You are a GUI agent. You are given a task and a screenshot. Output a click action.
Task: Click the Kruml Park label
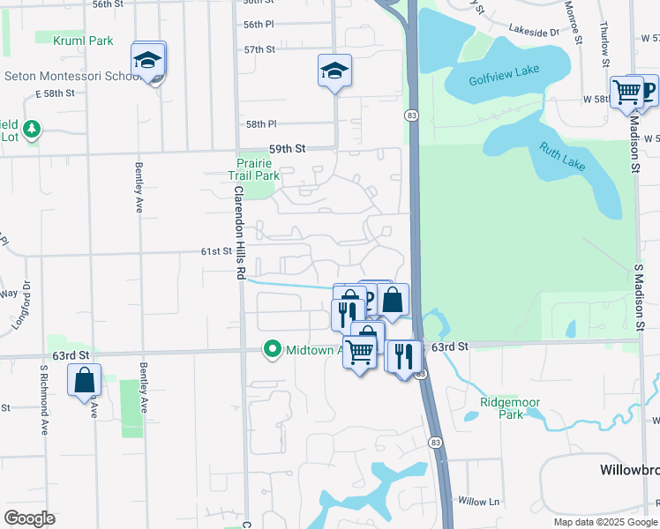click(x=83, y=41)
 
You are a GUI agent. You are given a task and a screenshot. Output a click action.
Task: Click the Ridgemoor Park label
click(x=510, y=408)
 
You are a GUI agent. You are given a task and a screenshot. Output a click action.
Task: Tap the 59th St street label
click(x=287, y=150)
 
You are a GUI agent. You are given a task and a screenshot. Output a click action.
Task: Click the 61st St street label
click(x=215, y=251)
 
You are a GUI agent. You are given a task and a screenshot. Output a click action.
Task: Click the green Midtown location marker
click(x=273, y=350)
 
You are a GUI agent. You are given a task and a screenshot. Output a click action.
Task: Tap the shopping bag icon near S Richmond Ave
click(x=85, y=380)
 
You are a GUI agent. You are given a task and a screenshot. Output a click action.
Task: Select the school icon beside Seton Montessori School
click(x=148, y=61)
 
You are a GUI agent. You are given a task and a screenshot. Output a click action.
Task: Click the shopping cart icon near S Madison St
click(x=626, y=92)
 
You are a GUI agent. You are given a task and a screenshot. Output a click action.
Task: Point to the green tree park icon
click(x=32, y=130)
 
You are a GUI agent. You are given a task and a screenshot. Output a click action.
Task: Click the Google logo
click(x=30, y=518)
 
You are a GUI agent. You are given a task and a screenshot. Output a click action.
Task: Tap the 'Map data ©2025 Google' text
click(x=606, y=522)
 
